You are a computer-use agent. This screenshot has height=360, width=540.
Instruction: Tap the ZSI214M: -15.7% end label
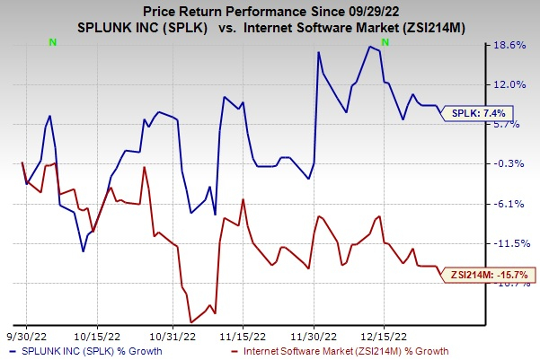(x=490, y=274)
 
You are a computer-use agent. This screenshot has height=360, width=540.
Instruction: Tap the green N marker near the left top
(x=53, y=42)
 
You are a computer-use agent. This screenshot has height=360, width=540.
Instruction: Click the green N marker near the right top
(x=385, y=42)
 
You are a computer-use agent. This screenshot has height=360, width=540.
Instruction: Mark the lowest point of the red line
(x=191, y=321)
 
